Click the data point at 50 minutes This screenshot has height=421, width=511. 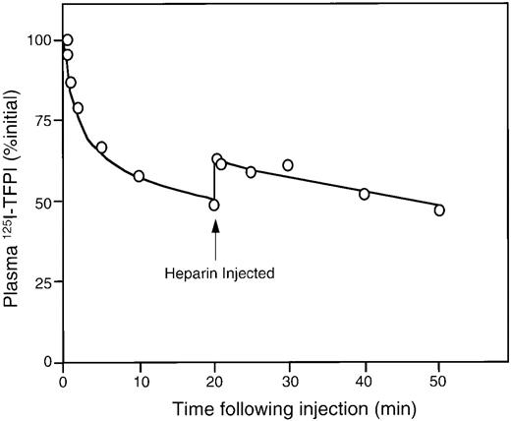[x=439, y=210]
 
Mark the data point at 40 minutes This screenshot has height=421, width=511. [x=365, y=194]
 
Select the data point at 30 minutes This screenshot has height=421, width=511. [x=288, y=165]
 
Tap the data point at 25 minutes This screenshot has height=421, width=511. [x=251, y=172]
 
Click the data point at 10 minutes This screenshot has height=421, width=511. [x=139, y=176]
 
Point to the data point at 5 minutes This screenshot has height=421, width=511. [x=101, y=148]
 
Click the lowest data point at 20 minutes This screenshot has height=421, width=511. [x=214, y=205]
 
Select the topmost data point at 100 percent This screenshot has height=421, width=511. [x=67, y=40]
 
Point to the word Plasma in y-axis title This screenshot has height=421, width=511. [x=17, y=269]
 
